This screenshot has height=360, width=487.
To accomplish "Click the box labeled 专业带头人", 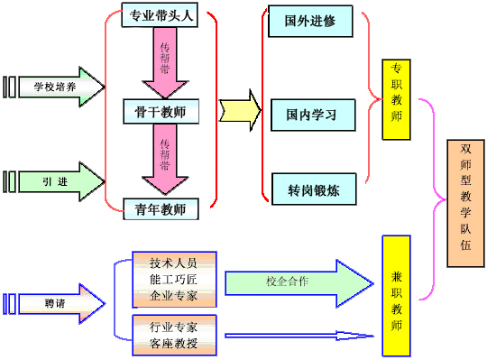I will pyautogui.click(x=160, y=14).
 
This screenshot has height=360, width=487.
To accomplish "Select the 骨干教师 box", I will pyautogui.click(x=160, y=111).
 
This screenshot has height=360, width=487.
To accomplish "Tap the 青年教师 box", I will pyautogui.click(x=160, y=209).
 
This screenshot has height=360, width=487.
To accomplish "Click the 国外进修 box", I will pyautogui.click(x=311, y=21).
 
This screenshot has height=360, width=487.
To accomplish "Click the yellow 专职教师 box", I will pyautogui.click(x=397, y=100).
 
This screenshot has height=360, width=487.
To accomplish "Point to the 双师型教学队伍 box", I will pyautogui.click(x=465, y=203).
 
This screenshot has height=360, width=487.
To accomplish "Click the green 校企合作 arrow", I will pyautogui.click(x=298, y=282).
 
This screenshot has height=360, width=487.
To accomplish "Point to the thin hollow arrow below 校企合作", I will pyautogui.click(x=298, y=335).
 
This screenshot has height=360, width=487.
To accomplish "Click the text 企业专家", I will pyautogui.click(x=174, y=296).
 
